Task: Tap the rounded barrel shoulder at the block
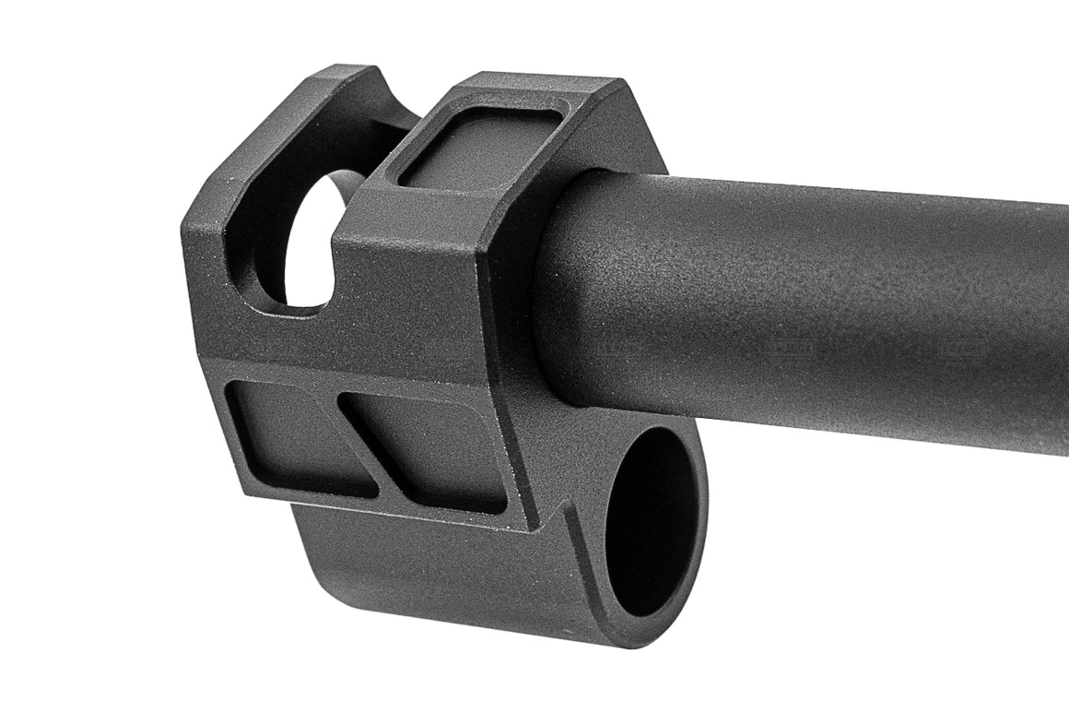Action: [x=562, y=295]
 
